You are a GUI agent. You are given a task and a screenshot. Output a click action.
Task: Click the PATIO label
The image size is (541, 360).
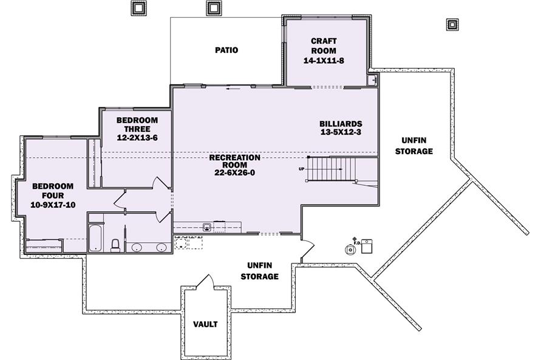226,50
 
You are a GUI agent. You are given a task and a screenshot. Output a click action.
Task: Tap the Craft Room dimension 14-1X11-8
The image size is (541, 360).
324,61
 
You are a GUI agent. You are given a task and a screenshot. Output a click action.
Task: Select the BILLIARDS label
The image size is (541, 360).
341,124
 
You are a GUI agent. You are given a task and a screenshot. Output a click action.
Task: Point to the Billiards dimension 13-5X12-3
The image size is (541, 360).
341,132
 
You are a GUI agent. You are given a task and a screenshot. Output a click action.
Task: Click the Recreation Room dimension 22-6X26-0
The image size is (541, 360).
234,173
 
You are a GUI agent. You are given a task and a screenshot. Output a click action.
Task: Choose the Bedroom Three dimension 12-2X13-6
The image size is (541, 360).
137,138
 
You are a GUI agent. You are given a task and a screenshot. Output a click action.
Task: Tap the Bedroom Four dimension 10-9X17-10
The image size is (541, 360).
53,205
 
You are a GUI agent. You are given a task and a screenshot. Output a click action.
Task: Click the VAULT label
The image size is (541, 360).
205,324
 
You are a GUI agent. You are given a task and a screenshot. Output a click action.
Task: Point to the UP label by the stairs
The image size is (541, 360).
302,169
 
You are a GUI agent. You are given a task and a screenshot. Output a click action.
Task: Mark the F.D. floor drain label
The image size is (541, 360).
357,243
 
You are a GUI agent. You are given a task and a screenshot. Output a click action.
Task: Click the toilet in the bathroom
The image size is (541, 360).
115,245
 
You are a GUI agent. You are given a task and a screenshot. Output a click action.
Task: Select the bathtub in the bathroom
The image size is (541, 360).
95,238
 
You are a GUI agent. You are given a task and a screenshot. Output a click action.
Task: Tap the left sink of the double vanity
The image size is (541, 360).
137,247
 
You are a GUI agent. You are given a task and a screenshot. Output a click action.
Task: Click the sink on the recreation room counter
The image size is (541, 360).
207,227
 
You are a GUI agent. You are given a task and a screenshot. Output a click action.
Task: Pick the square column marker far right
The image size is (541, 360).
452,24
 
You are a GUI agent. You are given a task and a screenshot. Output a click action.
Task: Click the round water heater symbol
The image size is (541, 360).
350,250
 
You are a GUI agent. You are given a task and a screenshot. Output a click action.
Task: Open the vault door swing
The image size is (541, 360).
206,280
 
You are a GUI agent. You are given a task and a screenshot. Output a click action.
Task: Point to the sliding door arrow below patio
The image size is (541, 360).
233,89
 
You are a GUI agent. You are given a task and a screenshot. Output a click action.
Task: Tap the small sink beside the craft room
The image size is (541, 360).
372,80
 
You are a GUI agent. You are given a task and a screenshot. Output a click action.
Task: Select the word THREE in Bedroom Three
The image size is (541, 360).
137,129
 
